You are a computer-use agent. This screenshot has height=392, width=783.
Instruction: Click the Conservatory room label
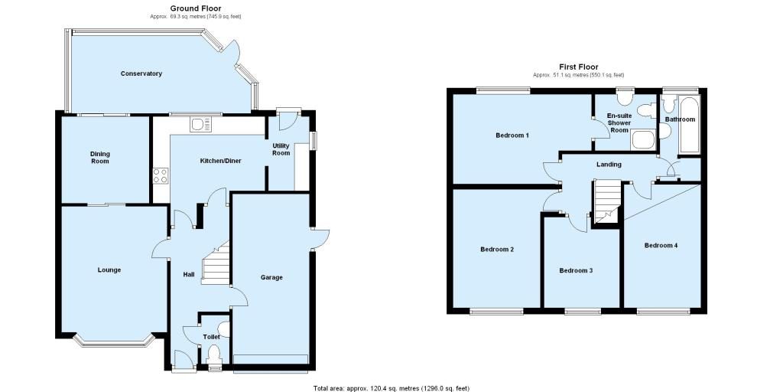[x=141, y=73]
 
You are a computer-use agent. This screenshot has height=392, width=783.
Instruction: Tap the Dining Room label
[x=100, y=158]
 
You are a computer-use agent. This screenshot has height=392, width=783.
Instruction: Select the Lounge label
[x=109, y=270]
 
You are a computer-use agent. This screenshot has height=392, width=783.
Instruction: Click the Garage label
[x=271, y=277]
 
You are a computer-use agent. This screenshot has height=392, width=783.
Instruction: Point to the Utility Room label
[x=281, y=149]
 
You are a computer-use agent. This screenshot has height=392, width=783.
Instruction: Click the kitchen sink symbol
[x=201, y=124]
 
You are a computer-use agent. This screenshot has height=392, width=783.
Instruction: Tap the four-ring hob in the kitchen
[x=161, y=175]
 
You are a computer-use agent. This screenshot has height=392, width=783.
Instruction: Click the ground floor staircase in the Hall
[x=216, y=264]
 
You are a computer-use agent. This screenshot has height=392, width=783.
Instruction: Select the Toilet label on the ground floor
[x=211, y=337]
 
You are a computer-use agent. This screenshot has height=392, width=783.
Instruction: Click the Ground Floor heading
[x=196, y=8]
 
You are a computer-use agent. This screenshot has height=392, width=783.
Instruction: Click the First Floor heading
[x=579, y=67]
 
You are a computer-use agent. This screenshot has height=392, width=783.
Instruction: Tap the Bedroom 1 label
[x=512, y=135]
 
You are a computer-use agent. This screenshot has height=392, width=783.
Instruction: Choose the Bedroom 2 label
[x=497, y=249]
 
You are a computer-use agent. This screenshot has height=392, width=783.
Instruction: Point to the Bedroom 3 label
[x=576, y=270]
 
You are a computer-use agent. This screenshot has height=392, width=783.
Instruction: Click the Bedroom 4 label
[x=661, y=245]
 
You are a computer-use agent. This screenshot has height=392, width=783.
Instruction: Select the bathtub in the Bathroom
[x=690, y=126]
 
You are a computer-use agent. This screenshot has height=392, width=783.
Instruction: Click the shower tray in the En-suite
[x=642, y=139]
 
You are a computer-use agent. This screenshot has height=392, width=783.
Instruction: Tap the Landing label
[x=609, y=164]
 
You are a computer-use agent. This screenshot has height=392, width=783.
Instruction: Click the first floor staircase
[x=606, y=201]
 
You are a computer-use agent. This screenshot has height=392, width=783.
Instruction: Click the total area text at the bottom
[x=391, y=388]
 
